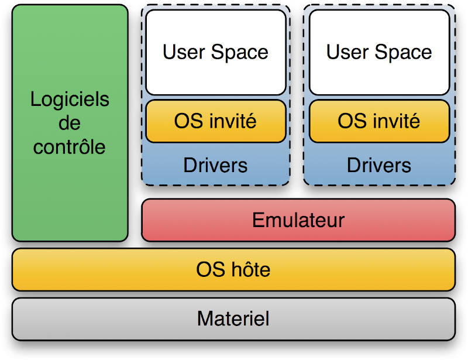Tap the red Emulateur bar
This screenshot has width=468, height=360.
[x=298, y=220]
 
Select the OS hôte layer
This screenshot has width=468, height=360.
[x=233, y=270]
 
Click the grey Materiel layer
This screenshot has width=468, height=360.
[x=233, y=319]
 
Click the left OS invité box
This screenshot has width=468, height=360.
[x=215, y=121]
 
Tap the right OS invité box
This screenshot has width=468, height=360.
[x=379, y=121]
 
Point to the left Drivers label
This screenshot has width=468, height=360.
[x=215, y=164]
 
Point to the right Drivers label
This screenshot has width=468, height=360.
[x=379, y=164]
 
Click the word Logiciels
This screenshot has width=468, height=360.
[x=70, y=100]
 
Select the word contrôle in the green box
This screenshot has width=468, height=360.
[x=70, y=146]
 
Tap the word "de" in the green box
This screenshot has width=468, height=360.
[x=70, y=123]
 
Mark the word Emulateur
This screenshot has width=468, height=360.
[x=298, y=220]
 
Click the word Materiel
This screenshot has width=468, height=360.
[x=233, y=319]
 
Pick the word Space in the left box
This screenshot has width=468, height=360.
[x=240, y=52]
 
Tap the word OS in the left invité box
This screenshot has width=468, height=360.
[x=187, y=121]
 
